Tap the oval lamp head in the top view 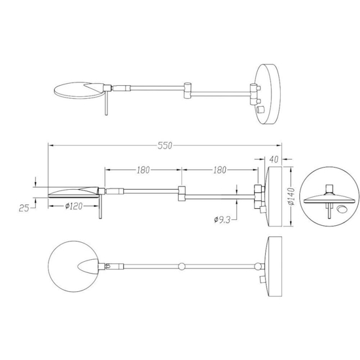click(73, 88)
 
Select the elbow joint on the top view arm click(188, 88)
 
